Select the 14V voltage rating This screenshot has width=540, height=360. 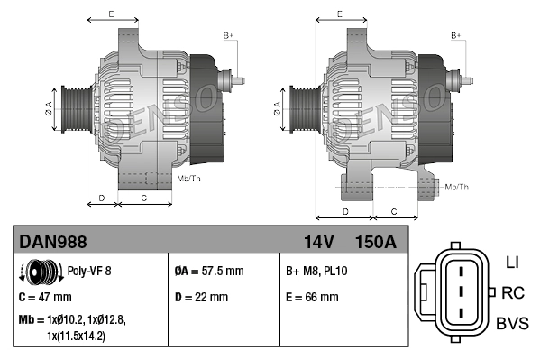317,242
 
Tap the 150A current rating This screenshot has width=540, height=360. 375,242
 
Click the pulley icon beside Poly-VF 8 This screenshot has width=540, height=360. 38,270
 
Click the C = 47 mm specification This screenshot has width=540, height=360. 45,297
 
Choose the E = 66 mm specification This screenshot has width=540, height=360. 312,297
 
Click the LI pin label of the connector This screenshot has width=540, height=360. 512,263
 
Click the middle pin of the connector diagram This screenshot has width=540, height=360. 460,292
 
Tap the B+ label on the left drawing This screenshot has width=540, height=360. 228,35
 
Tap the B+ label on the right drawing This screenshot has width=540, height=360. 456,35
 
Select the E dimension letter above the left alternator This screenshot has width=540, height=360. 110,14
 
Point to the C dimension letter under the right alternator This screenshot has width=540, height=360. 393,210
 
